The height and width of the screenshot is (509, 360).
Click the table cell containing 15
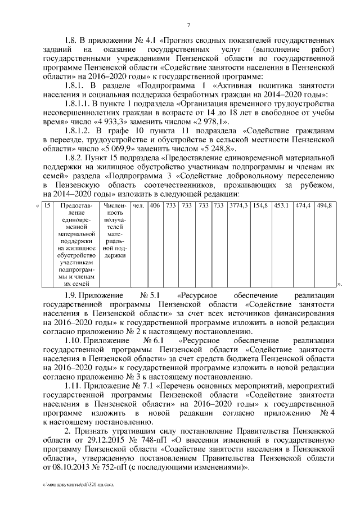pyautogui.click(x=48, y=206)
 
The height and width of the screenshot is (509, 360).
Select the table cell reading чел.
pyautogui.click(x=138, y=206)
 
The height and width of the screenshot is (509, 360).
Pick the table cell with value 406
pyautogui.click(x=155, y=206)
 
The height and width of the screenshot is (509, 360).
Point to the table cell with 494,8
pyautogui.click(x=325, y=206)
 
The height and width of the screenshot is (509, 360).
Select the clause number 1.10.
pyautogui.click(x=73, y=341)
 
